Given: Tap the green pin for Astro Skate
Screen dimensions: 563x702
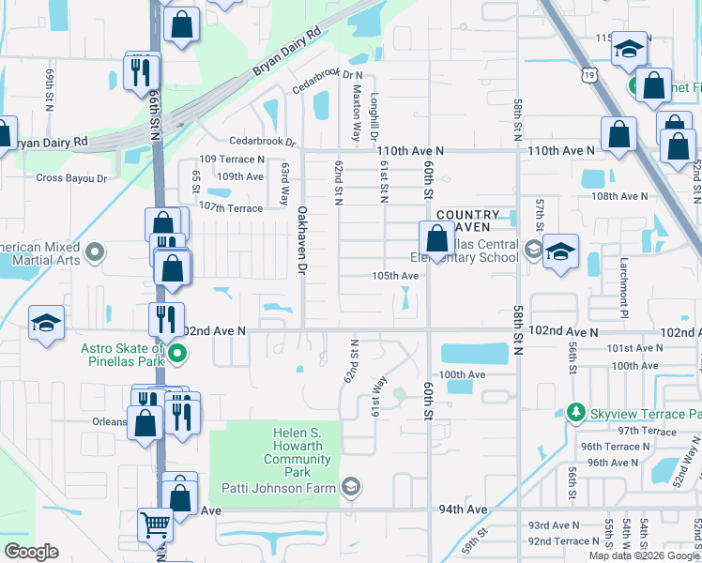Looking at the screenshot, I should click(x=175, y=354).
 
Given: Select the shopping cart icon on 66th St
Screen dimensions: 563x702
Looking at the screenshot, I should click(x=153, y=527).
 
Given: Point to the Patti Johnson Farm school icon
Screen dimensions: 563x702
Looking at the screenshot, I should click(x=351, y=486).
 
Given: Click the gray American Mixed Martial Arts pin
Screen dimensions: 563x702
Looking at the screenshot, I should click(x=94, y=252).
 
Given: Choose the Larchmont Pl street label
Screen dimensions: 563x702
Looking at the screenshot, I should click(x=622, y=281).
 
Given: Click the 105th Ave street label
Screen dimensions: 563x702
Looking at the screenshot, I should click(x=395, y=276).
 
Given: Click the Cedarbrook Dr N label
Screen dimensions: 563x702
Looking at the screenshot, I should click(x=327, y=79).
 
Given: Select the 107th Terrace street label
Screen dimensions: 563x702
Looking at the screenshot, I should click(x=231, y=207).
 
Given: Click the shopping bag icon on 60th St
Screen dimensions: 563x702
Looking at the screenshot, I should click(x=435, y=238).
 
